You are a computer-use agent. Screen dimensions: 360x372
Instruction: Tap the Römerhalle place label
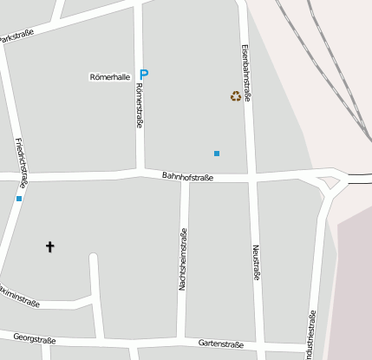pyautogui.click(x=109, y=77)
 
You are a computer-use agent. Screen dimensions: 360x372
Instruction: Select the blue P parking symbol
pyautogui.click(x=144, y=75)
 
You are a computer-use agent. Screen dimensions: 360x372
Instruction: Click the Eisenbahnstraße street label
pyautogui.click(x=246, y=73)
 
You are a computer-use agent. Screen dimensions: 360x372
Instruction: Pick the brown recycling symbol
pyautogui.click(x=235, y=96)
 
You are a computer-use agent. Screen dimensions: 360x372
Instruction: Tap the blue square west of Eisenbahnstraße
pyautogui.click(x=217, y=154)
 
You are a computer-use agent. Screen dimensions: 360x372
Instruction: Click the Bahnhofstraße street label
pyautogui.click(x=187, y=176)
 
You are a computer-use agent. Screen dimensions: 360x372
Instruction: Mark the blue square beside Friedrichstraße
pyautogui.click(x=19, y=199)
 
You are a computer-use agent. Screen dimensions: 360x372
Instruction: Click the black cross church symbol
pyautogui.click(x=49, y=247)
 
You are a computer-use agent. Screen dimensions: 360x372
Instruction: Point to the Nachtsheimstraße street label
pyautogui.click(x=183, y=259)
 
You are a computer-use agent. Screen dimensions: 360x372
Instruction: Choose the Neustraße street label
pyautogui.click(x=256, y=261)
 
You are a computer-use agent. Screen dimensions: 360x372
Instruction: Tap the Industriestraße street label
pyautogui.click(x=311, y=334)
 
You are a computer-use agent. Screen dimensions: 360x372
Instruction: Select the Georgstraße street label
pyautogui.click(x=36, y=340)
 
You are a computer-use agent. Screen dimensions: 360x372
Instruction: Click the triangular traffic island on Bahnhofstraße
pyautogui.click(x=330, y=182)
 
